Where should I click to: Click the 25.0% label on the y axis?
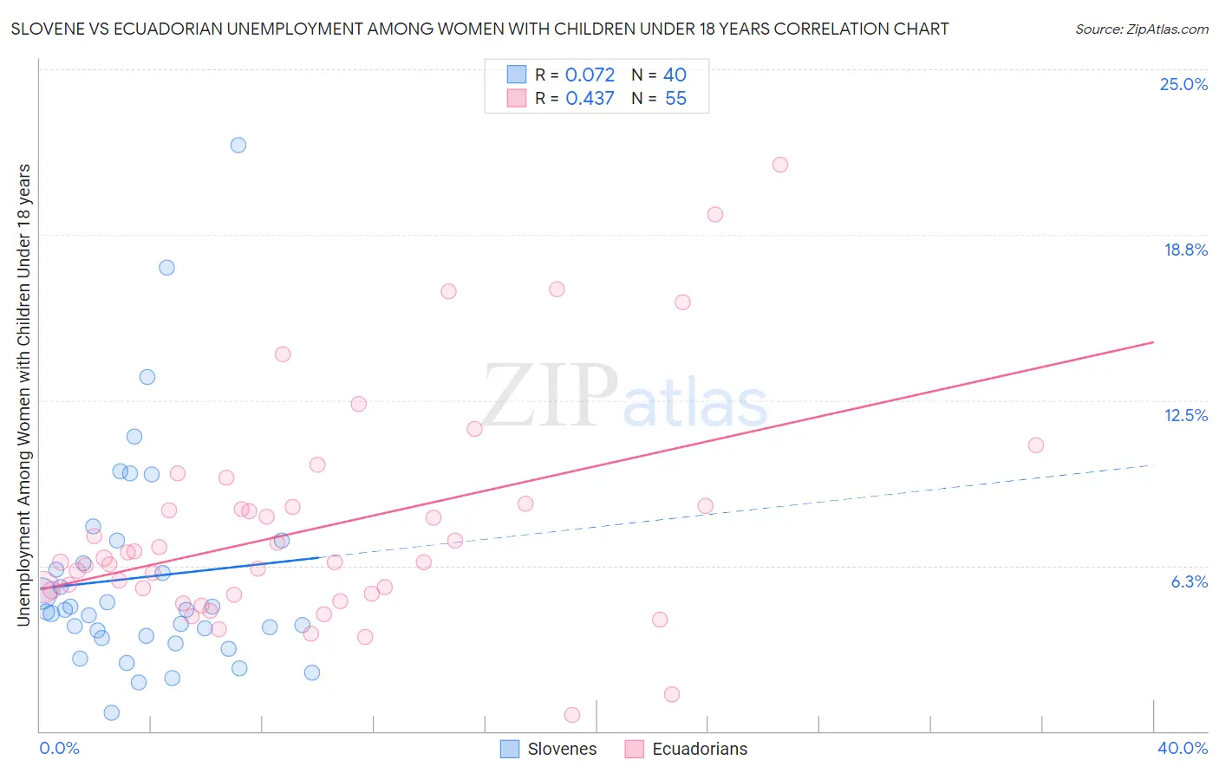pyautogui.click(x=1183, y=84)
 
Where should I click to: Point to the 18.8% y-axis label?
pyautogui.click(x=1185, y=250)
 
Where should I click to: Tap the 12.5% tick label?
pyautogui.click(x=1185, y=415)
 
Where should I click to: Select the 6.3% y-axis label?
pyautogui.click(x=1189, y=581)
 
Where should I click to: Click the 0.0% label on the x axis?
pyautogui.click(x=59, y=748)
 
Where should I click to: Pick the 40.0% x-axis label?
pyautogui.click(x=1182, y=748)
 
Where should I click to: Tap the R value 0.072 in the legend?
pyautogui.click(x=590, y=75)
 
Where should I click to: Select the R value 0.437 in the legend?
pyautogui.click(x=590, y=99)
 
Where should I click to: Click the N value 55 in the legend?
pyautogui.click(x=675, y=99)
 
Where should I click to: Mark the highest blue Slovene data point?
pyautogui.click(x=238, y=145)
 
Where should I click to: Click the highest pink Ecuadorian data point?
pyautogui.click(x=780, y=165)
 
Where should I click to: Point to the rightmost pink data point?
pyautogui.click(x=1035, y=445)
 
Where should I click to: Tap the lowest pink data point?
pyautogui.click(x=572, y=715)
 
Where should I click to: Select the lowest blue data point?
pyautogui.click(x=112, y=712)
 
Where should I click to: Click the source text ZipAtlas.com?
pyautogui.click(x=1141, y=29)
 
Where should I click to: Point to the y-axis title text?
pyautogui.click(x=23, y=394)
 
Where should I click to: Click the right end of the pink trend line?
pyautogui.click(x=1153, y=342)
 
